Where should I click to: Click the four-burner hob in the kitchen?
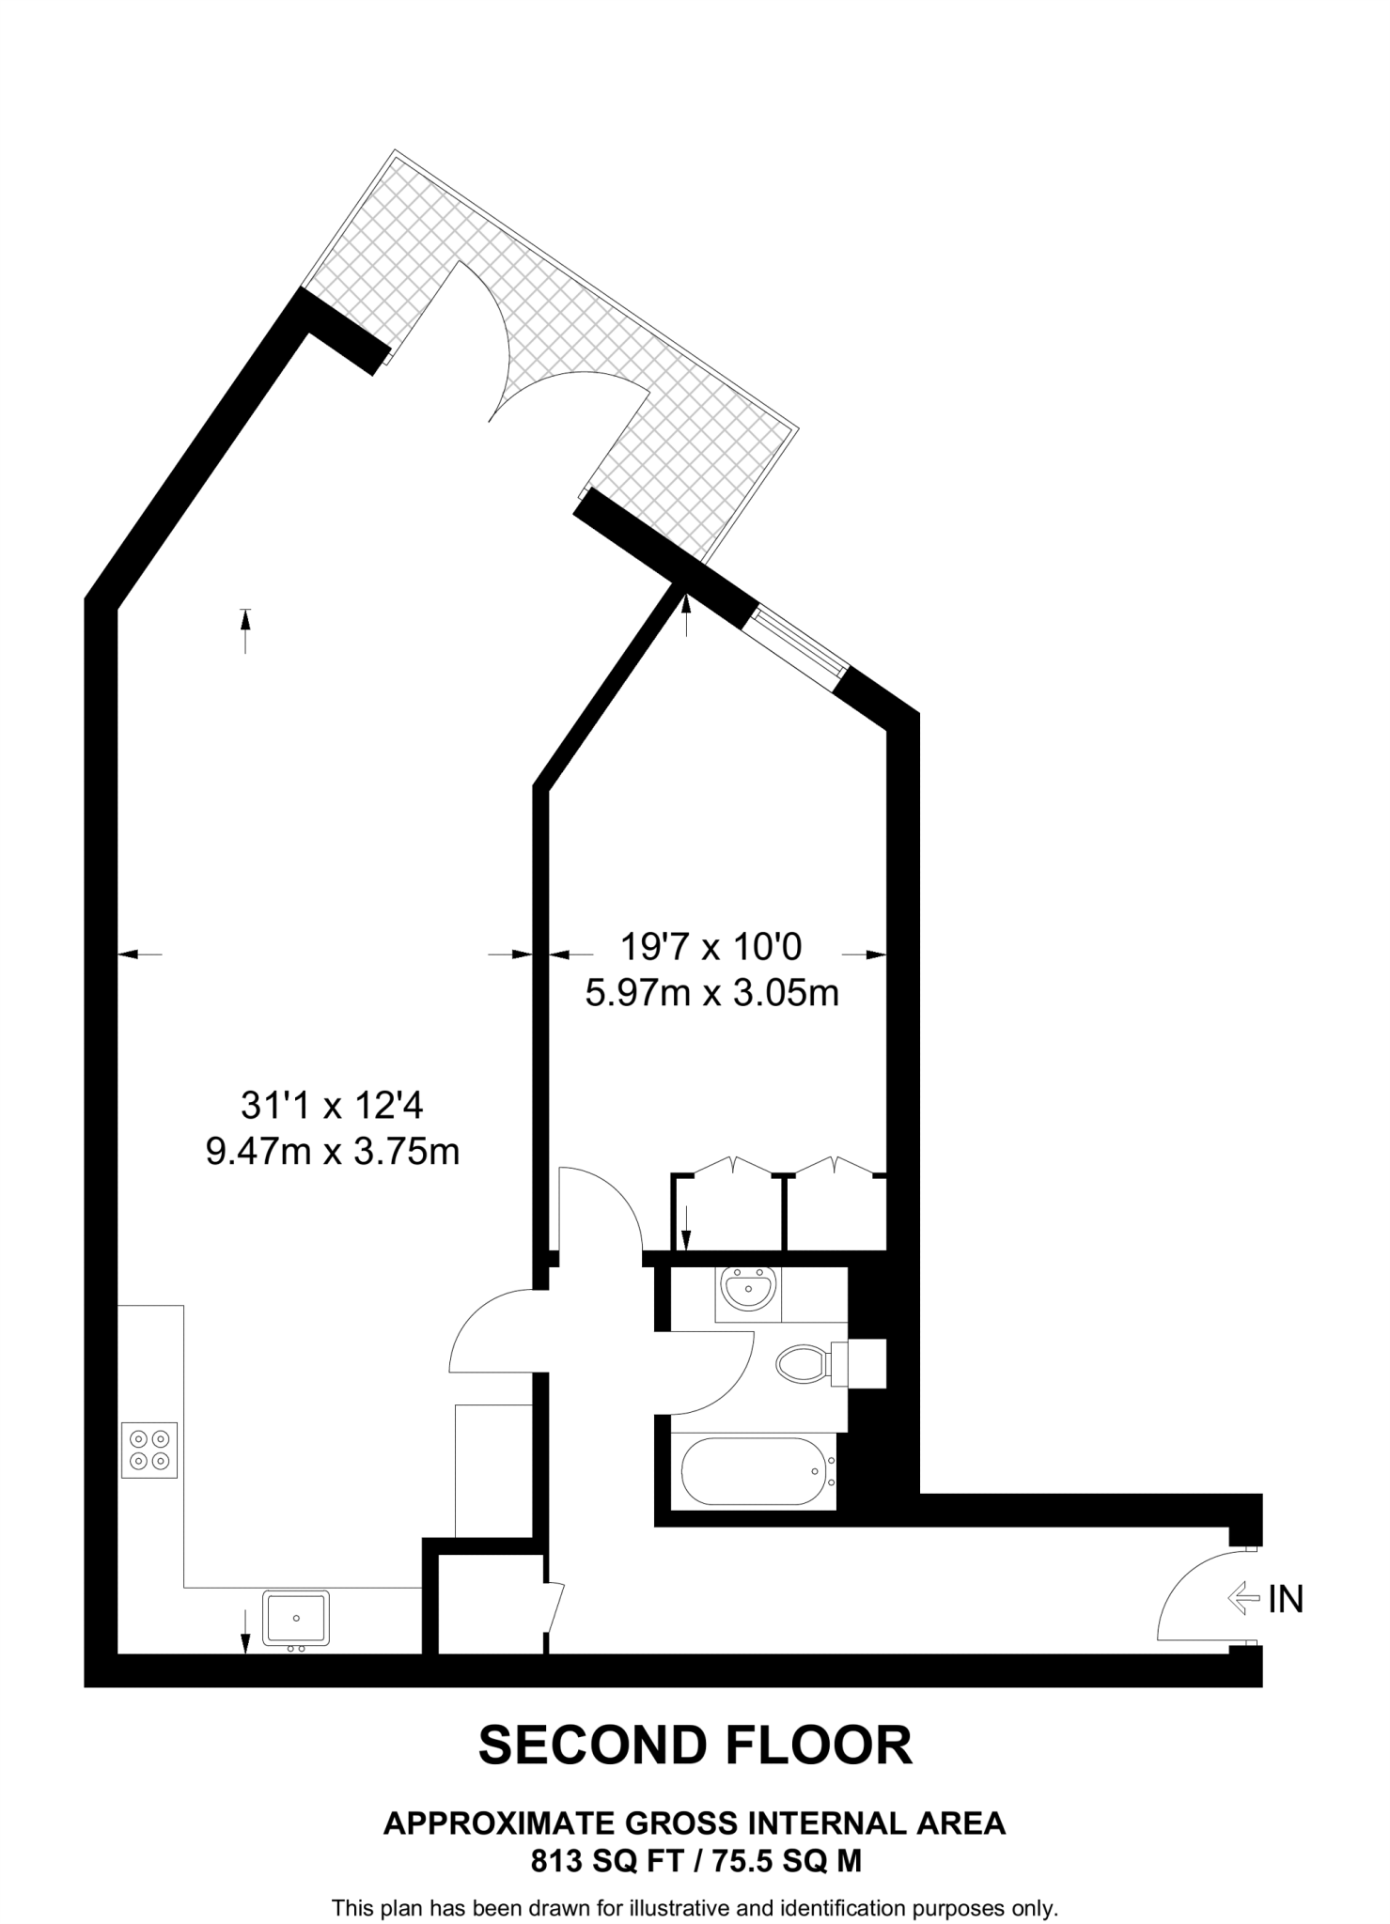click(149, 1449)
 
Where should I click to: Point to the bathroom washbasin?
click(747, 1290)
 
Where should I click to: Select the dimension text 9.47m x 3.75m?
click(333, 1150)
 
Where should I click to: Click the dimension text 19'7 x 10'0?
click(711, 947)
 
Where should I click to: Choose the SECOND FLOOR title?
click(695, 1745)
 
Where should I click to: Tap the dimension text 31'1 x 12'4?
click(333, 1106)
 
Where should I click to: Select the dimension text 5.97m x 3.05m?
click(711, 992)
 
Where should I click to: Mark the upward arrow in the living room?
click(245, 630)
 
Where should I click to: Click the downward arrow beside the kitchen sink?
click(245, 1630)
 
